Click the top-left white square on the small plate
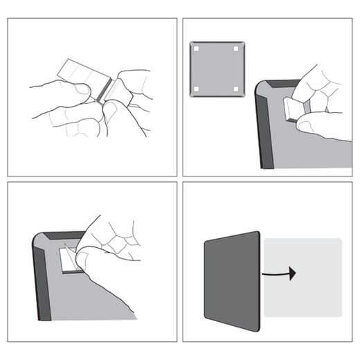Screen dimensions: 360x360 (x=197, y=49)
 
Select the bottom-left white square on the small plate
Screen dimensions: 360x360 (x=197, y=89)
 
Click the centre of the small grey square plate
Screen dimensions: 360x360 (x=216, y=69)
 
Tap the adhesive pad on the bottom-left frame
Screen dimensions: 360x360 (x=68, y=260)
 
